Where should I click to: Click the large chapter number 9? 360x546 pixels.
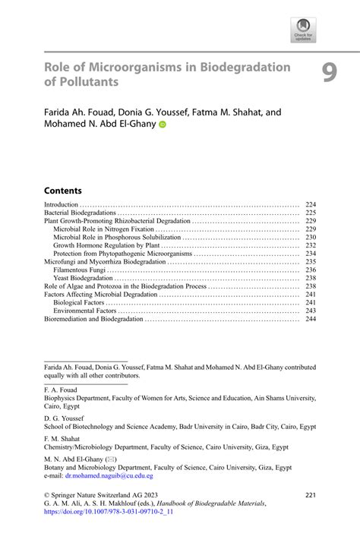click(328, 72)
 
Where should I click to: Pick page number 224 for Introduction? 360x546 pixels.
click(310, 205)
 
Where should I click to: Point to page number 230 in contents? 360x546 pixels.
click(310, 238)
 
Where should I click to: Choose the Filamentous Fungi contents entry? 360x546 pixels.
click(80, 270)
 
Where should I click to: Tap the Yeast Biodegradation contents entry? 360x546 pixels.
click(83, 279)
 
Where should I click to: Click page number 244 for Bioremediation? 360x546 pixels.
click(310, 320)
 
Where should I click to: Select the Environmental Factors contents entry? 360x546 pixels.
click(85, 311)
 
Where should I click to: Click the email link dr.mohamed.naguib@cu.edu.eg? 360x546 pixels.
click(109, 476)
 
